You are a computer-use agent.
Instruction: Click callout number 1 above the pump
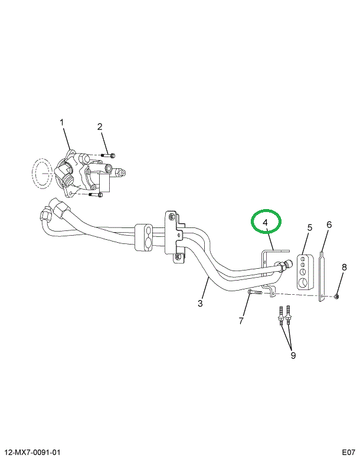(x=61, y=122)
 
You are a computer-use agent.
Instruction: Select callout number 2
(x=100, y=126)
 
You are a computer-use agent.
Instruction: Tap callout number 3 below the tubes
(x=200, y=303)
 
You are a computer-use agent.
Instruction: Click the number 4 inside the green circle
(x=266, y=222)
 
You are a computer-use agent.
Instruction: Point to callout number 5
(x=309, y=227)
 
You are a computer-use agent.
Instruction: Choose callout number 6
(x=329, y=224)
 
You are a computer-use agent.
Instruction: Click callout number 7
(x=241, y=321)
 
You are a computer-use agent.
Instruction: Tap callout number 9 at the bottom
(x=293, y=355)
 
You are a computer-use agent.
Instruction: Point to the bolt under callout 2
(x=107, y=155)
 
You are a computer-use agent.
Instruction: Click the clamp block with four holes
(x=303, y=273)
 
